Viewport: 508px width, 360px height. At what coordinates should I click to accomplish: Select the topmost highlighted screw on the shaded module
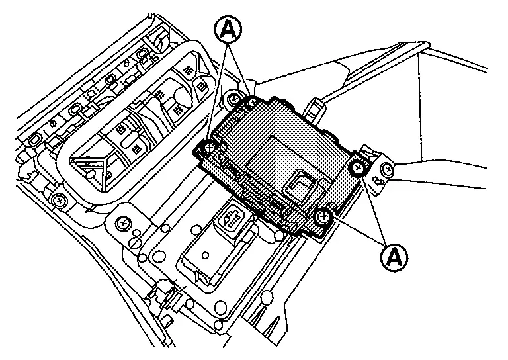pyautogui.click(x=251, y=103)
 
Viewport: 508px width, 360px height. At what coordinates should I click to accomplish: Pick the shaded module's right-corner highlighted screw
pyautogui.click(x=358, y=168)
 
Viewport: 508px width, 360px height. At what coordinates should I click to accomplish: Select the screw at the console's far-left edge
pyautogui.click(x=60, y=199)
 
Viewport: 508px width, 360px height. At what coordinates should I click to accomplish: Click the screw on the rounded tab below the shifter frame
pyautogui.click(x=123, y=224)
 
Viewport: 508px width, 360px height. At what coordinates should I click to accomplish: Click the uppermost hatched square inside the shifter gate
pyautogui.click(x=189, y=69)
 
